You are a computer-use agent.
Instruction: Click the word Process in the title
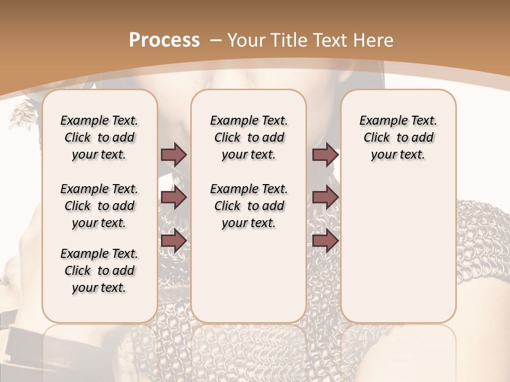pos(164,40)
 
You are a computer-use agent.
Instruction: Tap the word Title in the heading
pos(287,40)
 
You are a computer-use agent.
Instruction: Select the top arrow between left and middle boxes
pos(174,154)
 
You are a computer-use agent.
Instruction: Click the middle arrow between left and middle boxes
pos(174,197)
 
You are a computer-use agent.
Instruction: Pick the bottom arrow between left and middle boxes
pos(174,241)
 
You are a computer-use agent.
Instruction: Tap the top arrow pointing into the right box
pos(325,154)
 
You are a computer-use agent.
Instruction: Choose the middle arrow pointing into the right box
pos(325,197)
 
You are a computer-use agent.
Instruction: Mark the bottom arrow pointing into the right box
pos(325,241)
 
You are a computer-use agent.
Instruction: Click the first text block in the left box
pos(99,137)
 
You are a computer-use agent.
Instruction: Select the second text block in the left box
pos(99,206)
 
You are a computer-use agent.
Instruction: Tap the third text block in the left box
pos(99,271)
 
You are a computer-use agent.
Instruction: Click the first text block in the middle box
pos(249,137)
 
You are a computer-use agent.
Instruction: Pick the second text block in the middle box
pos(249,206)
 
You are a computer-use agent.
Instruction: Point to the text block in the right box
pos(398,137)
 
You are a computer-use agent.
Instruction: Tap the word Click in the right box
pos(377,138)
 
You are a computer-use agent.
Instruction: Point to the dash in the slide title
pos(216,40)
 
